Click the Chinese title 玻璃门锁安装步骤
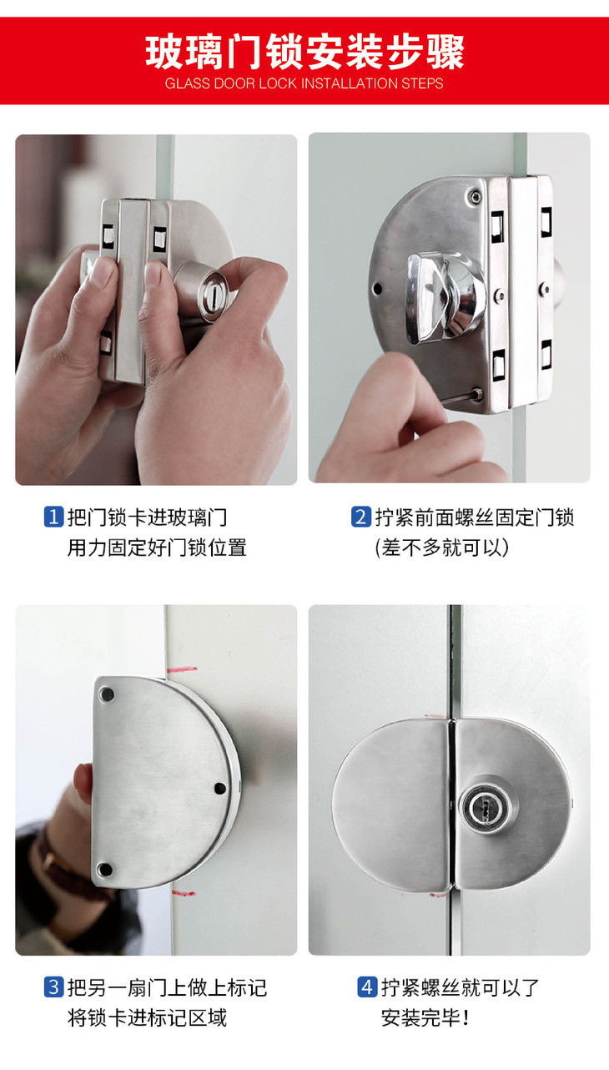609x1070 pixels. click(x=304, y=52)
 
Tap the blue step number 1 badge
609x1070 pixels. click(x=53, y=517)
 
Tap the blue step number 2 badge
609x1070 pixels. click(x=361, y=517)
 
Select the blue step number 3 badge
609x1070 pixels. click(x=53, y=987)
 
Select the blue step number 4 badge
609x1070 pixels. click(x=367, y=987)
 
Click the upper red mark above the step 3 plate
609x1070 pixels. click(x=183, y=669)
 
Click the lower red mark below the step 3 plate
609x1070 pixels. click(x=184, y=892)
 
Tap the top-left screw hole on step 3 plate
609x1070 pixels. click(x=107, y=694)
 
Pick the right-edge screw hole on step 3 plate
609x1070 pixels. click(x=219, y=788)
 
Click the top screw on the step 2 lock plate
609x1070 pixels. click(x=475, y=196)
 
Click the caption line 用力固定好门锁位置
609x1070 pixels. click(x=157, y=548)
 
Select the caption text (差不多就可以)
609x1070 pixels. click(x=442, y=548)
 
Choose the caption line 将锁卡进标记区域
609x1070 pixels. click(x=147, y=1017)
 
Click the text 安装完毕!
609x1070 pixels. click(x=425, y=1017)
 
